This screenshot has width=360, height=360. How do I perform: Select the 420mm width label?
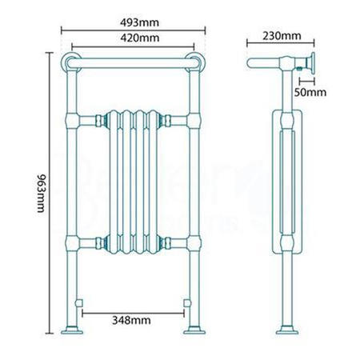tap(134, 38)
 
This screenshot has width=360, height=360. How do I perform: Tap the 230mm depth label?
tap(281, 36)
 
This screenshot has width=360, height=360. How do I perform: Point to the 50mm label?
tap(311, 92)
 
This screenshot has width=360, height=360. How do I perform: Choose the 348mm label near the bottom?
tap(133, 320)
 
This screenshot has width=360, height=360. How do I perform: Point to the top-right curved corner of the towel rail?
tap(198, 61)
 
